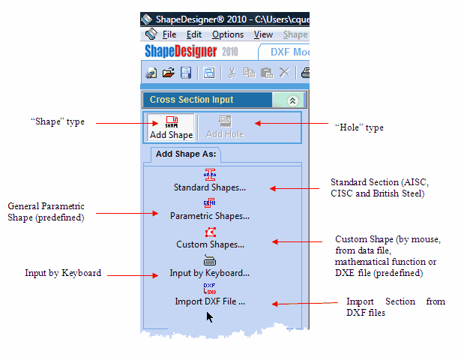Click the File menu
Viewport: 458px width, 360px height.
[x=169, y=34]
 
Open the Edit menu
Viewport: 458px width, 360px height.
[x=194, y=34]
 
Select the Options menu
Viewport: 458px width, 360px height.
[x=228, y=34]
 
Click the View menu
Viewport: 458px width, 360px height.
[x=263, y=34]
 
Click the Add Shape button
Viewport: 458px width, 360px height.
[x=171, y=127]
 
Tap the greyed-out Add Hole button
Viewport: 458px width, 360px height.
[x=225, y=127]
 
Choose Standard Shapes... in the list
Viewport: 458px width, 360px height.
[x=210, y=180]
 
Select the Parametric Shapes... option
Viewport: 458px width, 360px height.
[x=210, y=209]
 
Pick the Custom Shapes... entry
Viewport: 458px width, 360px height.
[x=210, y=238]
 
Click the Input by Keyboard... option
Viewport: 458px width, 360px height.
[x=210, y=266]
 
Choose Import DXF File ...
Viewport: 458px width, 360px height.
[x=210, y=294]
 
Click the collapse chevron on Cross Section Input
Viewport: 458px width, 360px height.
[x=292, y=100]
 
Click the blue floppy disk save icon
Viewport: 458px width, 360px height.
[x=186, y=73]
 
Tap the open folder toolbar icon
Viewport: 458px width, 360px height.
[x=169, y=73]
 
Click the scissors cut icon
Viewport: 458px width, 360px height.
[x=232, y=73]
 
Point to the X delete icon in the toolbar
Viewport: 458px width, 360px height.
[x=285, y=73]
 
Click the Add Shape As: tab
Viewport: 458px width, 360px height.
[x=186, y=154]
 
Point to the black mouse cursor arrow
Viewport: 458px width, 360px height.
[x=209, y=317]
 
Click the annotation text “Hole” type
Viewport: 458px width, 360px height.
[x=359, y=127]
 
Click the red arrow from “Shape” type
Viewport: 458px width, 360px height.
[x=127, y=123]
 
